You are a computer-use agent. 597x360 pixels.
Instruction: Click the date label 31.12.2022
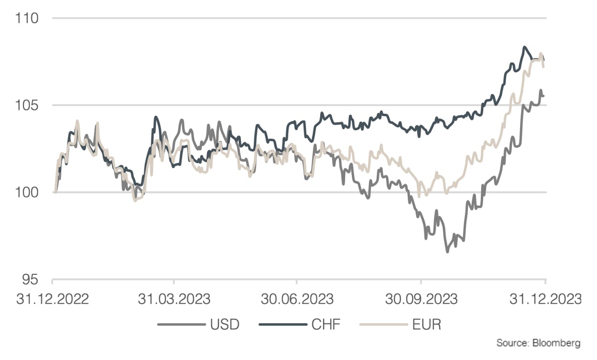pyautogui.click(x=53, y=299)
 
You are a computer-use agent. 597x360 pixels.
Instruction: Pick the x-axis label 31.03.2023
pyautogui.click(x=174, y=299)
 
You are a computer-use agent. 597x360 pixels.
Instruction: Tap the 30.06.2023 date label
pyautogui.click(x=297, y=299)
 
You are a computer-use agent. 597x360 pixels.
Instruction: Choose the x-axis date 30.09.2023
pyautogui.click(x=421, y=299)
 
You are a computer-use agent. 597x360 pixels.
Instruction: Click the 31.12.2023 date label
pyautogui.click(x=545, y=299)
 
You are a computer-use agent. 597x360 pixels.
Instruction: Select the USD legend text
pyautogui.click(x=224, y=325)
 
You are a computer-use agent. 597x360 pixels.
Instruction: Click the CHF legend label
pyautogui.click(x=326, y=325)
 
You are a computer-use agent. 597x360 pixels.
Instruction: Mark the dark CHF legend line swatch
pyautogui.click(x=282, y=325)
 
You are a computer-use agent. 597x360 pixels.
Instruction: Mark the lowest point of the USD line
pyautogui.click(x=447, y=251)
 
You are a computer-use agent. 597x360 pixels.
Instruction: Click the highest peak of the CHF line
pyautogui.click(x=524, y=47)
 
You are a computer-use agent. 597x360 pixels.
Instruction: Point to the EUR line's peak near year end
pyautogui.click(x=541, y=54)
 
